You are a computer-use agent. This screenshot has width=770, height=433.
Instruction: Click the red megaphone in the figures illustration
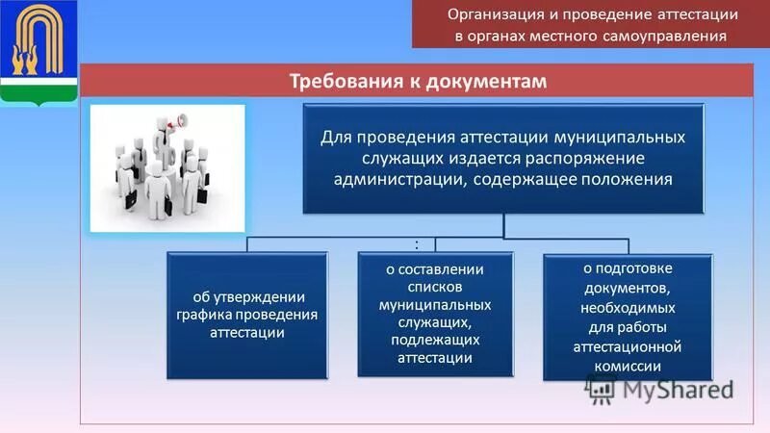(x=175, y=123)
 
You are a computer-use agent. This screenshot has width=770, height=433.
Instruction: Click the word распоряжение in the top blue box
(x=574, y=157)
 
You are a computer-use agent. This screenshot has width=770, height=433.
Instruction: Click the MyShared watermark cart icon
(x=601, y=389)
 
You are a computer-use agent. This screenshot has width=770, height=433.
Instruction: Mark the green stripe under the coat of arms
(x=38, y=92)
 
